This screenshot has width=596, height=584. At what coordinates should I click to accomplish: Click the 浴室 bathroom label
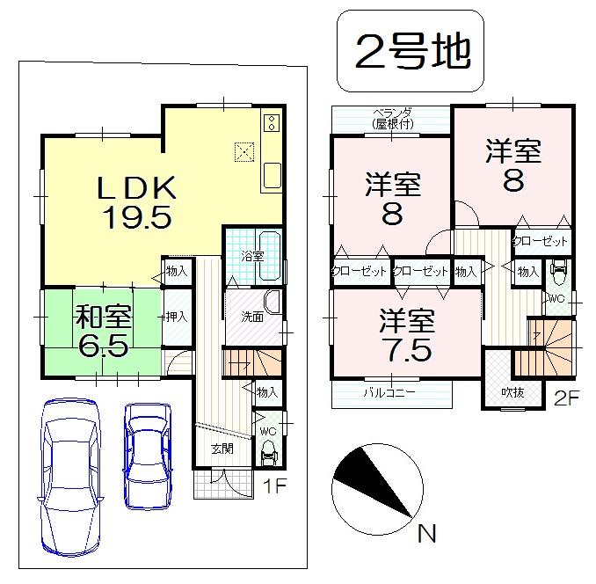pyautogui.click(x=252, y=255)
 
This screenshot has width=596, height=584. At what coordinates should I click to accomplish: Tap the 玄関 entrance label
pyautogui.click(x=222, y=449)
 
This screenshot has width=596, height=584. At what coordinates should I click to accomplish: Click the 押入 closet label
pyautogui.click(x=176, y=316)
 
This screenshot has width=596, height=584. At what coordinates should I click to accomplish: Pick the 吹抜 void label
pyautogui.click(x=513, y=391)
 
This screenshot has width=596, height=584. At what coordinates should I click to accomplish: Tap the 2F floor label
pyautogui.click(x=566, y=398)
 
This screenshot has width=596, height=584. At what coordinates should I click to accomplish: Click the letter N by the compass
pyautogui.click(x=426, y=532)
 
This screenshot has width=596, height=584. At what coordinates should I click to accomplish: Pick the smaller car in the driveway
pyautogui.click(x=145, y=455)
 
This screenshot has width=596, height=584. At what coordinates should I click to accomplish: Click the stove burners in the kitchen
pyautogui.click(x=272, y=122)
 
